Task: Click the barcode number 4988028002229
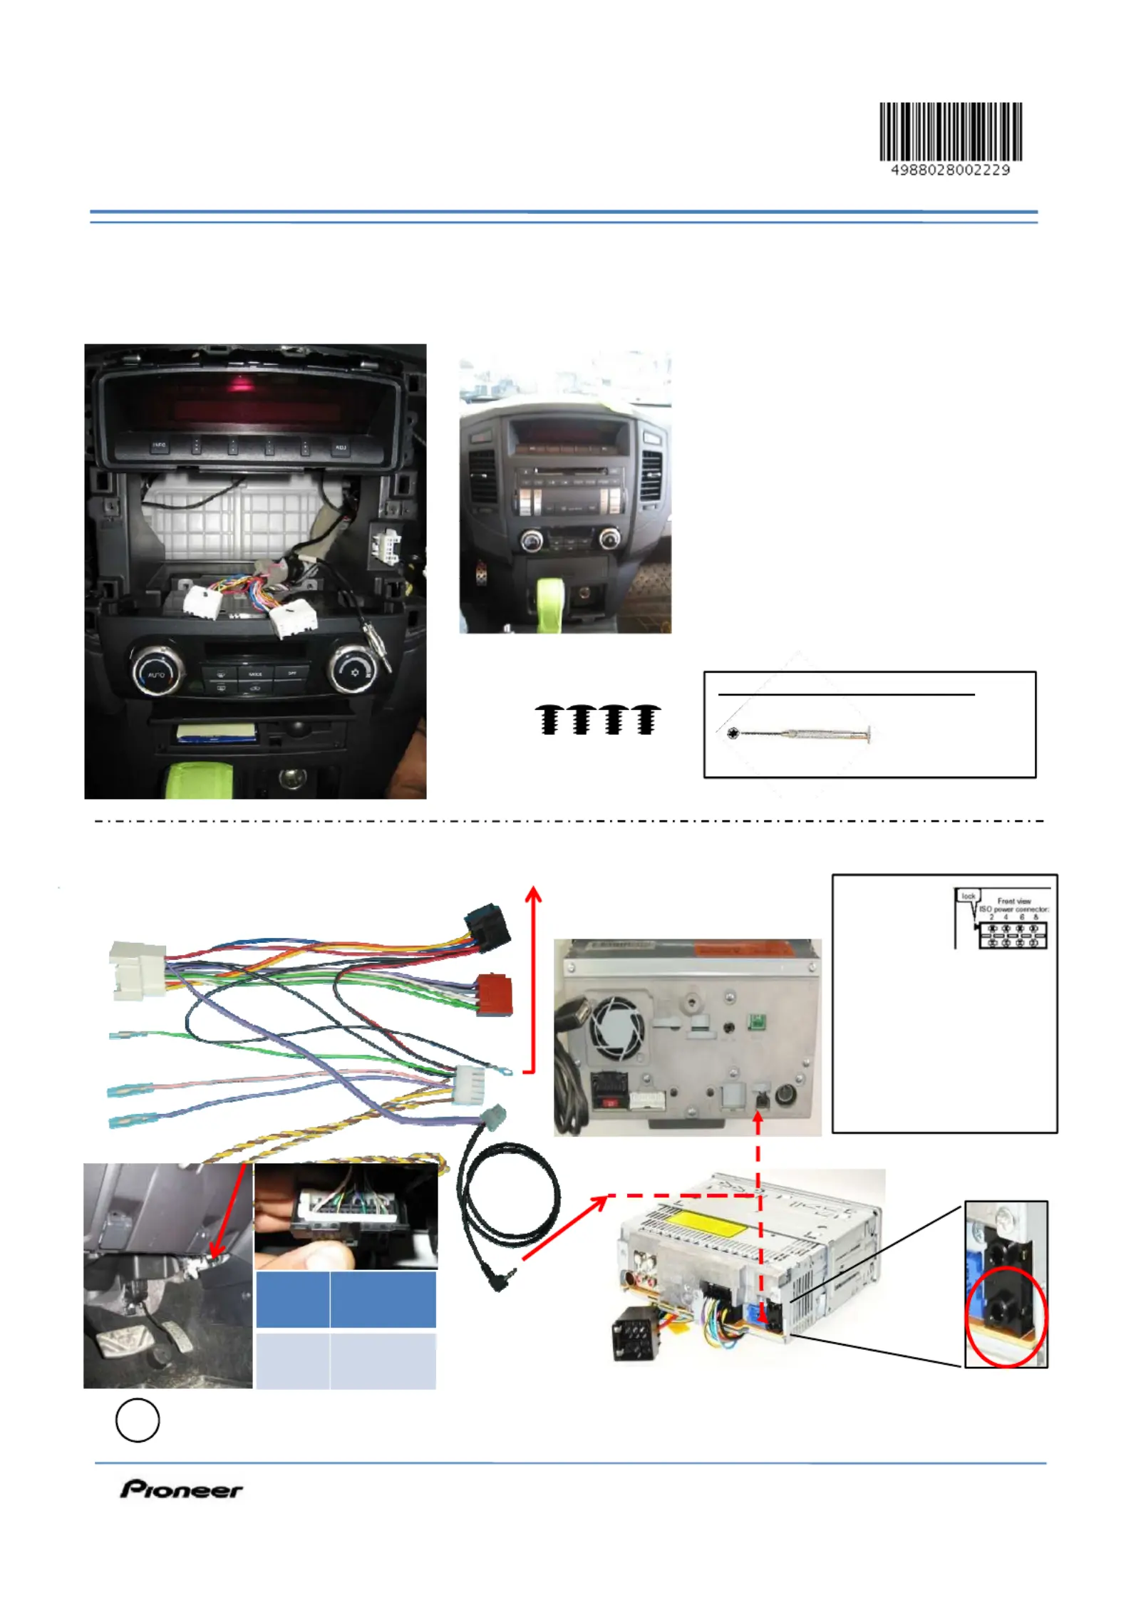click(x=950, y=170)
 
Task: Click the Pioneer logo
click(x=181, y=1489)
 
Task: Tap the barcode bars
click(x=950, y=131)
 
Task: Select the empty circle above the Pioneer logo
click(x=137, y=1420)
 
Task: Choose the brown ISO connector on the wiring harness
click(x=493, y=994)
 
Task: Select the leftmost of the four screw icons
click(x=549, y=719)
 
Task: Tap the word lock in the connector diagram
click(x=968, y=895)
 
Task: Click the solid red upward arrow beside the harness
click(x=533, y=976)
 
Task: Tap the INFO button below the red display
click(x=158, y=445)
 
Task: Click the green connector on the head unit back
click(x=755, y=1023)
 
